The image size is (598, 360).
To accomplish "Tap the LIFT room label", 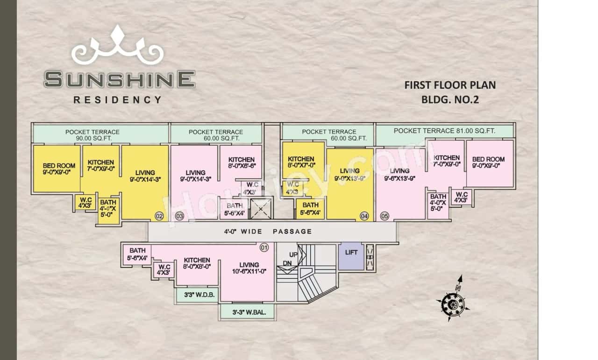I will [351, 253].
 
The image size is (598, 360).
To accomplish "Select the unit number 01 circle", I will [264, 247].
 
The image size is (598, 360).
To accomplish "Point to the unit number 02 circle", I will [159, 216].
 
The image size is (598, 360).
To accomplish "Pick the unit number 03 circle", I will [179, 216].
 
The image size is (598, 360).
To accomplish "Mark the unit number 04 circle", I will [364, 216].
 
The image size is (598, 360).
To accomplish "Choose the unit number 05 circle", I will [384, 216].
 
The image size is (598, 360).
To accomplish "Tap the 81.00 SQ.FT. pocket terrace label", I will [444, 131].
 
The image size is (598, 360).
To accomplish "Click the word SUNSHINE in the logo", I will [120, 79].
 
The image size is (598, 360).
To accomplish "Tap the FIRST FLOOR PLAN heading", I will [449, 85].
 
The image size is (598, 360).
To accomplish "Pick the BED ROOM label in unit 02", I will [59, 169].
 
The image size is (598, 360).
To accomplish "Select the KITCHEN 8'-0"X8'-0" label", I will [197, 263].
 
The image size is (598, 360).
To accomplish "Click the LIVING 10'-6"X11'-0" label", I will [249, 268].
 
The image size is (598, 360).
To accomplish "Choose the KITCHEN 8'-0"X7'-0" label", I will [301, 162].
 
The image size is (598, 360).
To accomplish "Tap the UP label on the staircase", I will [293, 255].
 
